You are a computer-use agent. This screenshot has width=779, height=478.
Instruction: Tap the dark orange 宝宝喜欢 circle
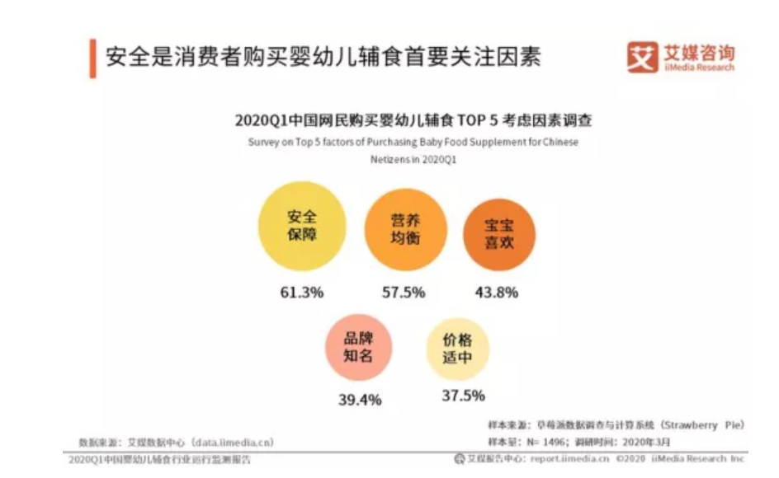[x=497, y=232]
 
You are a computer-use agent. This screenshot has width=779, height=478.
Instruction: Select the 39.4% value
[x=360, y=400]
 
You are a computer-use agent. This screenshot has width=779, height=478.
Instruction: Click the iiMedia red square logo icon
[x=642, y=58]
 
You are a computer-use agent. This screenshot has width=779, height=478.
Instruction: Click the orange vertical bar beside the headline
[x=92, y=58]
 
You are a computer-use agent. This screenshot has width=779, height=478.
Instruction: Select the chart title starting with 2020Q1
[x=413, y=120]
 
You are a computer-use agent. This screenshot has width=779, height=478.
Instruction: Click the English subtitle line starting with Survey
[x=413, y=142]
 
